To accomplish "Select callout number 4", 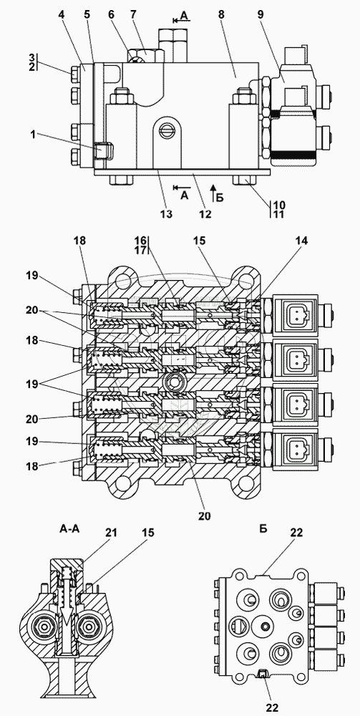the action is pyautogui.click(x=62, y=14).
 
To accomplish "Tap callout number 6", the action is pyautogui.click(x=110, y=14).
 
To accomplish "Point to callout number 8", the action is pyautogui.click(x=221, y=14).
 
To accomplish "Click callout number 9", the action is pyautogui.click(x=261, y=14).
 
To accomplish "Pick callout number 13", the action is pyautogui.click(x=166, y=213).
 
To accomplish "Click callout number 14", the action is pyautogui.click(x=302, y=241).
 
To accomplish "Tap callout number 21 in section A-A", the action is pyautogui.click(x=112, y=533).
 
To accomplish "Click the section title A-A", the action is pyautogui.click(x=69, y=529).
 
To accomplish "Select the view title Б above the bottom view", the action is pyautogui.click(x=263, y=529).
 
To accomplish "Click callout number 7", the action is pyautogui.click(x=133, y=14).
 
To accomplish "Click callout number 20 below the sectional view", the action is pyautogui.click(x=205, y=516).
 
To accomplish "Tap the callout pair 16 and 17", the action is pyautogui.click(x=140, y=244).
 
